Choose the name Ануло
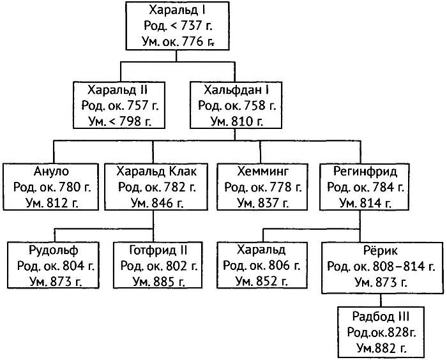tap(51, 172)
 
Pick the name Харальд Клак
tap(153, 172)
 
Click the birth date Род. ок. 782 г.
tap(153, 188)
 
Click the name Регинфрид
tap(365, 172)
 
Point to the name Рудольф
tap(52, 250)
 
